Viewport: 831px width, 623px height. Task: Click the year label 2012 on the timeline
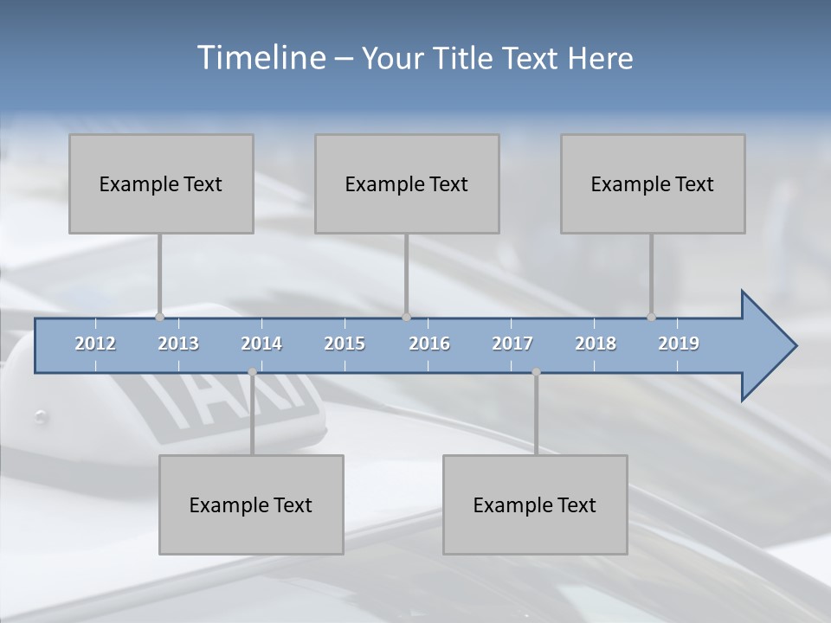[95, 344]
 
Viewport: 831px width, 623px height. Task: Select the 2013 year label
[178, 344]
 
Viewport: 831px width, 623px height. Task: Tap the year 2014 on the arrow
[261, 344]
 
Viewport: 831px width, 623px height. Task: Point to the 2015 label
[345, 344]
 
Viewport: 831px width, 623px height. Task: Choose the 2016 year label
[429, 344]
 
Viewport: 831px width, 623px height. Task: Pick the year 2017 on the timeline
[512, 344]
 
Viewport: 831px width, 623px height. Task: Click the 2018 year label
[596, 344]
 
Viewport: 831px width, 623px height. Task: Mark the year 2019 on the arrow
[679, 344]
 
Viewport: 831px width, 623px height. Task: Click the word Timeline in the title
[261, 58]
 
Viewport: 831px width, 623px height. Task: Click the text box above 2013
[161, 183]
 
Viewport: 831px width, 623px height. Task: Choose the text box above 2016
[407, 183]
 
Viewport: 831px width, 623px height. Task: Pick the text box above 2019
[653, 183]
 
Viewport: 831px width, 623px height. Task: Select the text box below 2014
[251, 504]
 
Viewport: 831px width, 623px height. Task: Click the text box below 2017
[535, 504]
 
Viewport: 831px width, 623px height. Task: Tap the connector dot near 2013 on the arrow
[159, 318]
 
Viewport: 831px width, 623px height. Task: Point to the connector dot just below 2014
[252, 372]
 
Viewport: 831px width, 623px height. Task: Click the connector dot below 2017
[536, 372]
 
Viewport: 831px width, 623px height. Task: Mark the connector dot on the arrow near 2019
[651, 318]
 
